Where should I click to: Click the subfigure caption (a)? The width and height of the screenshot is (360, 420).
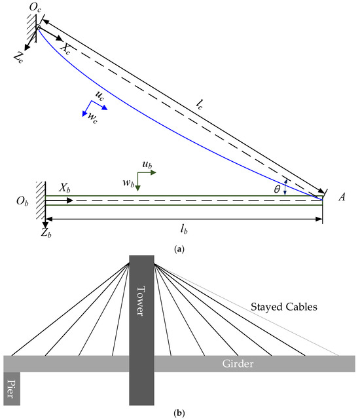pyautogui.click(x=181, y=249)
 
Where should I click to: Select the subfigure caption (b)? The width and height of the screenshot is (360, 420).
pyautogui.click(x=181, y=413)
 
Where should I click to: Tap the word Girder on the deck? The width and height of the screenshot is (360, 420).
pyautogui.click(x=238, y=364)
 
